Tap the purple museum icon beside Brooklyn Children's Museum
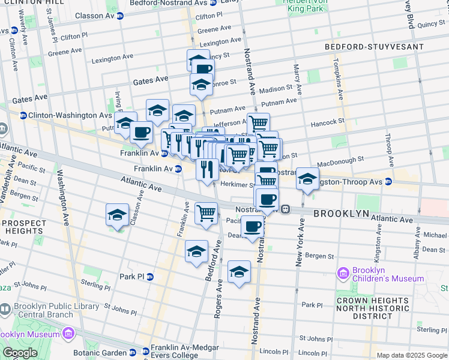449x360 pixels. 343,274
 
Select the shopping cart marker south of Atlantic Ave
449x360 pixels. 206,212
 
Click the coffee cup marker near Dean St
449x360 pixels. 253,226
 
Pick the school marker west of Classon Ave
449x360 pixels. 118,214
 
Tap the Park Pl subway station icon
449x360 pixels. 150,277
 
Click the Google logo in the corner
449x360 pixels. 20,353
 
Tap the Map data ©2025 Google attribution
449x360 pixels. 412,355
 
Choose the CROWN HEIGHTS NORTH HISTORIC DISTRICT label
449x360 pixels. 373,308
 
